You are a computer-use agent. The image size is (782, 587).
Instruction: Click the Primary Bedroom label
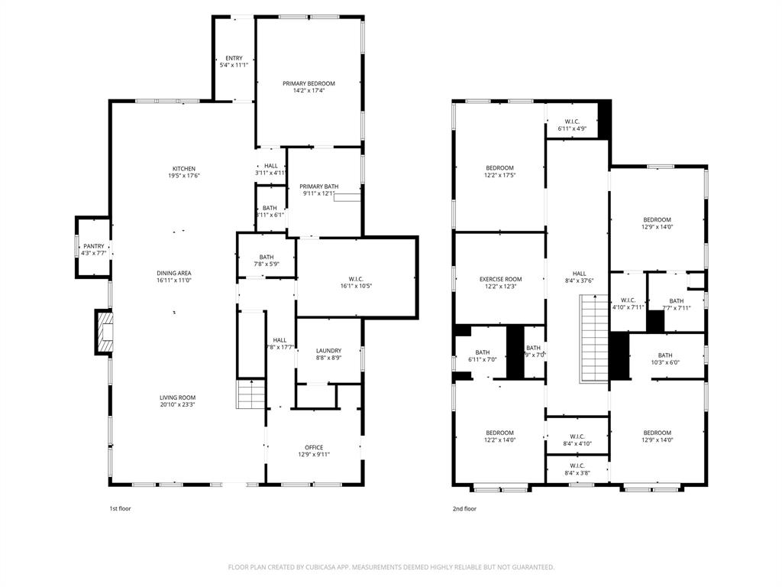tap(309, 83)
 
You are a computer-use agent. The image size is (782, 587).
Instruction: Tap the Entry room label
tap(234, 58)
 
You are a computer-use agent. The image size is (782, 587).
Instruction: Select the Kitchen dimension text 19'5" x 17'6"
tap(183, 176)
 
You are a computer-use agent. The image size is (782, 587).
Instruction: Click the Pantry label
tap(94, 245)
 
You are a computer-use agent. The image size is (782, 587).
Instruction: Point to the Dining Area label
tap(173, 273)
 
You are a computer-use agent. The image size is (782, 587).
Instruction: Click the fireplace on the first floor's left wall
tap(103, 332)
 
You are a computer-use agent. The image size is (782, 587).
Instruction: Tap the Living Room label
tap(177, 397)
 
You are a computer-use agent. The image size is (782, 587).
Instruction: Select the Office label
tap(314, 447)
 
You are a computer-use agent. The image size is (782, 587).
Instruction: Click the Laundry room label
tap(328, 351)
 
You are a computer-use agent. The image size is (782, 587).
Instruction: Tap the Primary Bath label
tap(318, 186)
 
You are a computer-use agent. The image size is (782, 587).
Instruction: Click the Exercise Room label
tap(500, 279)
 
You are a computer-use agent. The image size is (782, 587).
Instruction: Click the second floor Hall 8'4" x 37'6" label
tap(580, 274)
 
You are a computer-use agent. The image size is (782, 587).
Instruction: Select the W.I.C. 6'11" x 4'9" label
tap(572, 122)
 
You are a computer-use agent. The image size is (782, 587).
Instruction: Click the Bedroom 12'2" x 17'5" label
tap(499, 167)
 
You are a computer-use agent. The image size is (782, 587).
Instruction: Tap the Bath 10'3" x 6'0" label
tap(665, 355)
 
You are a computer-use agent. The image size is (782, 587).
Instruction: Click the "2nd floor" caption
tap(464, 508)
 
